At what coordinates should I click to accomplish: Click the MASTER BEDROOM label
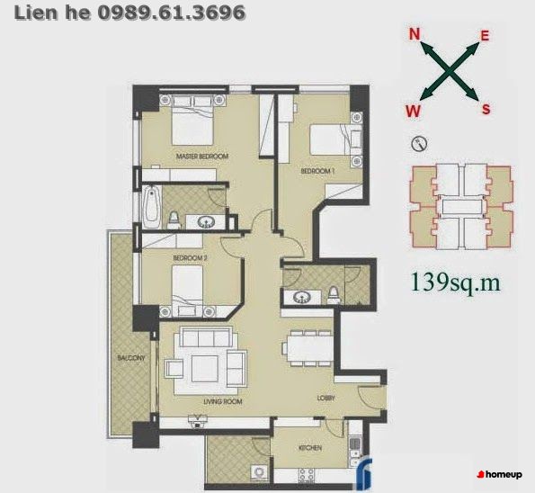[x=202, y=157]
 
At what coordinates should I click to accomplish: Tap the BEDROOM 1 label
[x=317, y=171]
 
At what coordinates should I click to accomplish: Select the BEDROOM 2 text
[x=190, y=258]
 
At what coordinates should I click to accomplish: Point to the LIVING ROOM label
[x=223, y=402]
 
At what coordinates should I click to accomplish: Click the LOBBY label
[x=326, y=398]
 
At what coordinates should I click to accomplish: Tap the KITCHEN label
[x=310, y=448]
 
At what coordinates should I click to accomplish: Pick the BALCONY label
[x=131, y=358]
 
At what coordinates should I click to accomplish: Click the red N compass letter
[x=415, y=34]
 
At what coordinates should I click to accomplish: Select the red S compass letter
[x=486, y=109]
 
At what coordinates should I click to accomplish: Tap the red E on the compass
[x=485, y=35]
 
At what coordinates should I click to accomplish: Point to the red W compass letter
[x=414, y=111]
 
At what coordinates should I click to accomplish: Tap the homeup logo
[x=500, y=475]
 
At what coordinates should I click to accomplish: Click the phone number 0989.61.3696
[x=172, y=13]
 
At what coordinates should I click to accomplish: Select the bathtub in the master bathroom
[x=152, y=207]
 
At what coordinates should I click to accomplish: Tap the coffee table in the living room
[x=205, y=369]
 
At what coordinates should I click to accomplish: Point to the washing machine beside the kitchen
[x=259, y=473]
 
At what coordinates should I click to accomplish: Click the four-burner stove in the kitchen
[x=307, y=475]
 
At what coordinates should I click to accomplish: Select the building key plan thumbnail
[x=461, y=207]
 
